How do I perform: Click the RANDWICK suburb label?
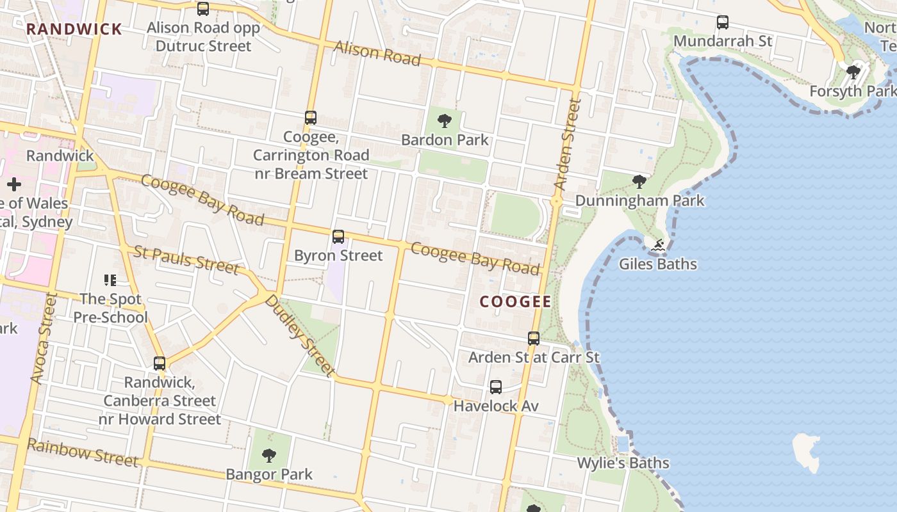[x=74, y=29]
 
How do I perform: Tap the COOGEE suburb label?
[x=515, y=302]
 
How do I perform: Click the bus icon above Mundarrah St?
[x=723, y=22]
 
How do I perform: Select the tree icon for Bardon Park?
[x=444, y=120]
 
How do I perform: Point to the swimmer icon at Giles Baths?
[x=658, y=244]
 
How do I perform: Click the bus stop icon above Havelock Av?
[x=496, y=387]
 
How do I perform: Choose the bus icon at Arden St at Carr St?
[x=534, y=338]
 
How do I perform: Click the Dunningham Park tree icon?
[x=639, y=182]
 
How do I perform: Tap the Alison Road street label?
[x=377, y=53]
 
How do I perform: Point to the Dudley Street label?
[x=300, y=335]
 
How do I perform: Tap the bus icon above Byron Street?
[x=338, y=237]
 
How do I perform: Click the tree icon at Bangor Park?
[x=269, y=455]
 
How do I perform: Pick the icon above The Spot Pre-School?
[x=110, y=280]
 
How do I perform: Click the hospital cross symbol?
[x=14, y=185]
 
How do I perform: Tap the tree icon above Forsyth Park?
[x=853, y=72]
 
